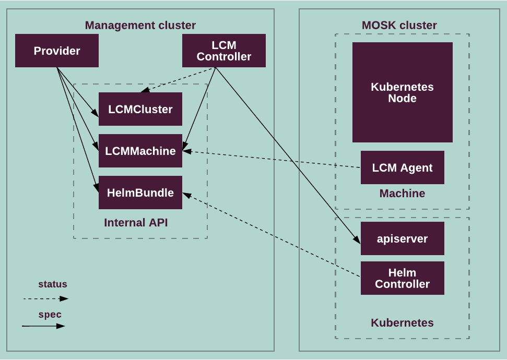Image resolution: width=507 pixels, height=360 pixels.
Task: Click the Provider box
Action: [56, 51]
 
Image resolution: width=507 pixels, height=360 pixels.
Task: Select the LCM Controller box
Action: [223, 51]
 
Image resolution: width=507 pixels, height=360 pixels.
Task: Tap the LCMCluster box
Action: [140, 109]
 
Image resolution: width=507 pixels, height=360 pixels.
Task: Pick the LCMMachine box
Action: [140, 151]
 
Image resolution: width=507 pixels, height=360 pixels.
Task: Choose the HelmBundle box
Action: [140, 193]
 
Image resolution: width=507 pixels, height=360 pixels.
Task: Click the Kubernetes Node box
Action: [402, 92]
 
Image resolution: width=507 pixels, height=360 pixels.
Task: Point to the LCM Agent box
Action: [402, 167]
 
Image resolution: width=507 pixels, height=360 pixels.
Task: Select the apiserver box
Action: [402, 238]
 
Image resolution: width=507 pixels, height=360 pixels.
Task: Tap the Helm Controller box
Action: [402, 278]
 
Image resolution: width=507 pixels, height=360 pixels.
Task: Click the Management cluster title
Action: [140, 25]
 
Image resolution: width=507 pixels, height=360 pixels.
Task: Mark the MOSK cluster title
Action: [399, 25]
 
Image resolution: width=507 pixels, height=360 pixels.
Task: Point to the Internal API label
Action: [136, 223]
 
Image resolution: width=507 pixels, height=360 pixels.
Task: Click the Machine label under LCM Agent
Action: [402, 194]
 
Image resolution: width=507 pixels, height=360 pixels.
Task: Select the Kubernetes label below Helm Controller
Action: [402, 322]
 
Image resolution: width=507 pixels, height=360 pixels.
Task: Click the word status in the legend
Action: [53, 284]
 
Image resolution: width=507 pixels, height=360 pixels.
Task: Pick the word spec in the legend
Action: [50, 315]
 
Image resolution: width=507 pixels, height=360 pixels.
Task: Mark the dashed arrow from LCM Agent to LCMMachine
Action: [272, 159]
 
